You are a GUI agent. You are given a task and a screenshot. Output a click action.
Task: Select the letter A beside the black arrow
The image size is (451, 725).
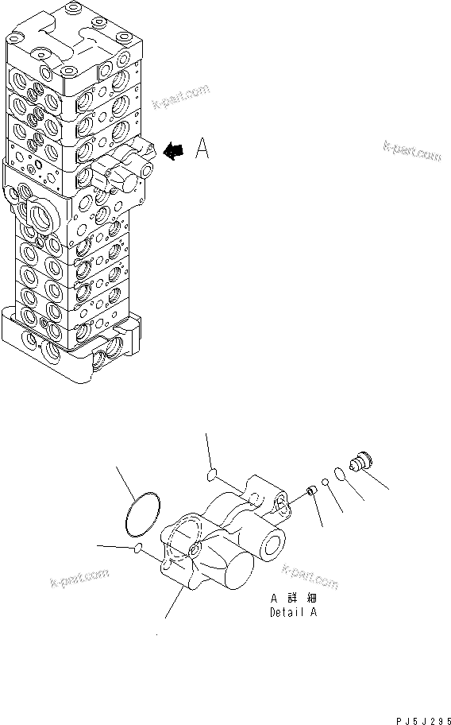click(x=202, y=149)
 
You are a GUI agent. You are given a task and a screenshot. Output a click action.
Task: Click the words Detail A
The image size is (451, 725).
click(x=295, y=613)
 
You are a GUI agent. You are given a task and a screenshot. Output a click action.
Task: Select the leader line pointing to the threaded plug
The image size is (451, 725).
click(x=378, y=478)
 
